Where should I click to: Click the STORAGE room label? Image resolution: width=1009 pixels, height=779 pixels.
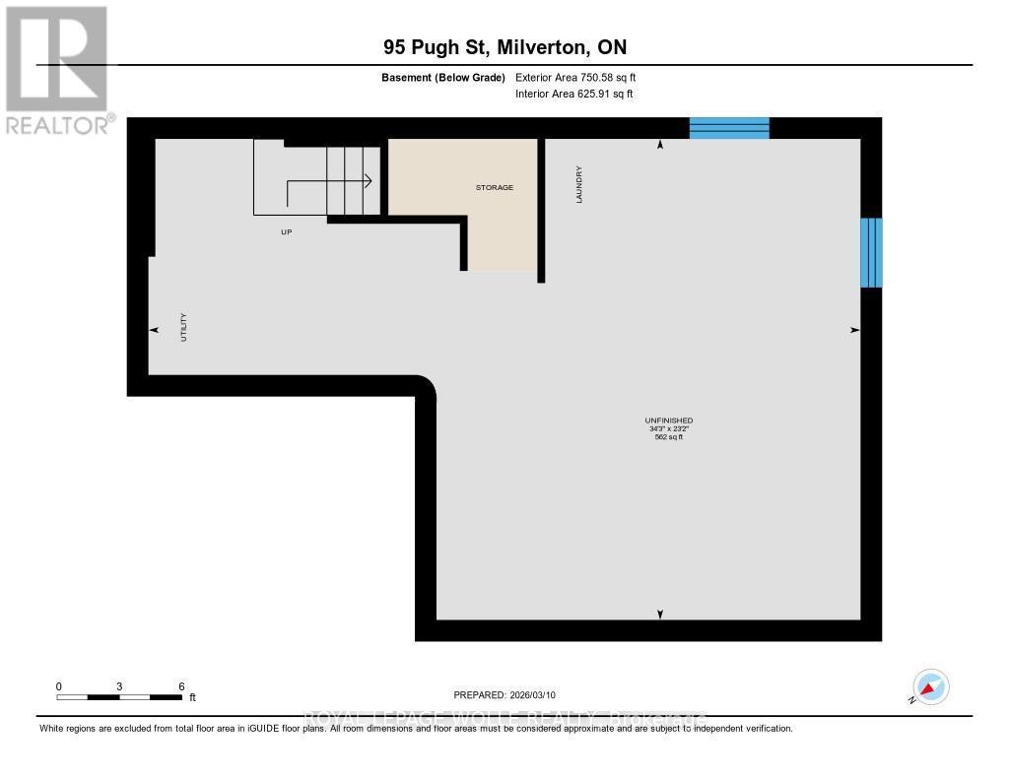pos(495,187)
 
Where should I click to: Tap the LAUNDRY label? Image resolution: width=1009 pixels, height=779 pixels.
pos(580,184)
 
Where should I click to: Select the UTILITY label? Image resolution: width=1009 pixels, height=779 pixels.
pos(183,327)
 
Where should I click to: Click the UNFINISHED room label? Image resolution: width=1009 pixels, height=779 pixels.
pos(669,421)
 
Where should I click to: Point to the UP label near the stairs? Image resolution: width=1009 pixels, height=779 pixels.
pos(287,232)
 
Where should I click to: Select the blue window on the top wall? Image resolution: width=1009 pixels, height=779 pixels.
pos(728,128)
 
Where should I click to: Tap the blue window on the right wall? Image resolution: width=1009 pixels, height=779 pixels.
pos(871,253)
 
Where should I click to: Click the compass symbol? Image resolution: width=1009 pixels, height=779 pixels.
pos(930,687)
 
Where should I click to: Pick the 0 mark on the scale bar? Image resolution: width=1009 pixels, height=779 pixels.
pos(59,685)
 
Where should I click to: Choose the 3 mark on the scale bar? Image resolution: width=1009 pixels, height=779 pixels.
pos(119,685)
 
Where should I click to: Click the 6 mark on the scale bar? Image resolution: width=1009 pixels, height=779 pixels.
pos(181,685)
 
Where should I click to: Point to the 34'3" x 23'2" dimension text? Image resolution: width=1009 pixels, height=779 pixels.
pos(669,429)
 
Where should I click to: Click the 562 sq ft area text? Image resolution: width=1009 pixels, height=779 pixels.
pos(669,437)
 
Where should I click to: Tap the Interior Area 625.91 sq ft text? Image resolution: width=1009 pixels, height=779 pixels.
pos(573,95)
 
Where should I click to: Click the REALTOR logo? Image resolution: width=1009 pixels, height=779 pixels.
pos(57,70)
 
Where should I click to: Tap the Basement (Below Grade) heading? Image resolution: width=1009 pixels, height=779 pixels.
pos(442,77)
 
